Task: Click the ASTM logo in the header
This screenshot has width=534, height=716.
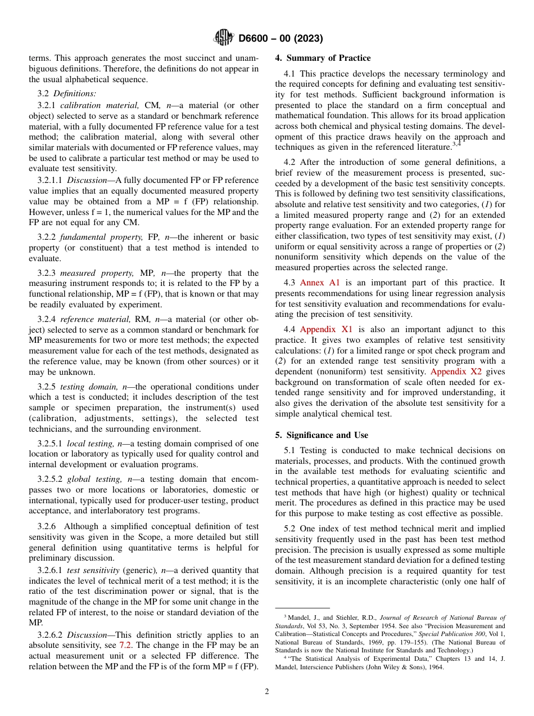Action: pos(224,38)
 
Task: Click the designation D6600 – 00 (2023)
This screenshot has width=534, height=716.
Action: pos(280,39)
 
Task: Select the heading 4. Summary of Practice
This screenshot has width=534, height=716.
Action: pos(323,58)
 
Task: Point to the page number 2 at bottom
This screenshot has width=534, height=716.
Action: pos(267,692)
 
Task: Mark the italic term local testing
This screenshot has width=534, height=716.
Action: pos(90,444)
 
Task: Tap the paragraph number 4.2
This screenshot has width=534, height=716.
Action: pos(291,162)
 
